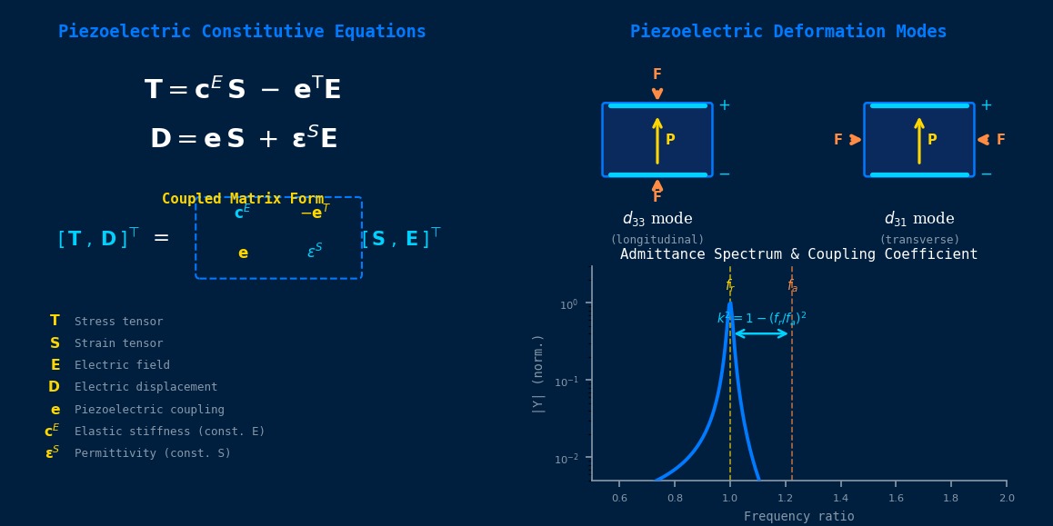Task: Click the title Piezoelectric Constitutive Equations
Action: [242, 32]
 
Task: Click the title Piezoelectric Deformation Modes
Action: [788, 32]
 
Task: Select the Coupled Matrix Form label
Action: [243, 198]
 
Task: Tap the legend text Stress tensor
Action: [118, 322]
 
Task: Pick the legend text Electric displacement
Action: [145, 387]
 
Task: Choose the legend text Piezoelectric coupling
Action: [149, 410]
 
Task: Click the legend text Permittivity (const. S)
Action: [153, 453]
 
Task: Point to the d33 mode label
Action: [657, 219]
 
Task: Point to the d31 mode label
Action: [918, 219]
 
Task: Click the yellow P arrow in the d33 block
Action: [657, 140]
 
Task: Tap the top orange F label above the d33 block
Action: [657, 74]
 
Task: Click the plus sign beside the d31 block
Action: [986, 105]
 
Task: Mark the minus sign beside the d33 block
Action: [724, 174]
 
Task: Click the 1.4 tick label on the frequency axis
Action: [840, 498]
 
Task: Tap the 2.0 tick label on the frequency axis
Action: [1006, 498]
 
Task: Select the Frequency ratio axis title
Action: [798, 516]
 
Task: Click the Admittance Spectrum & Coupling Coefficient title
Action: [798, 254]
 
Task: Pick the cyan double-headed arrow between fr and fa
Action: [761, 333]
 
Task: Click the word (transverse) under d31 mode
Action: [918, 240]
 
